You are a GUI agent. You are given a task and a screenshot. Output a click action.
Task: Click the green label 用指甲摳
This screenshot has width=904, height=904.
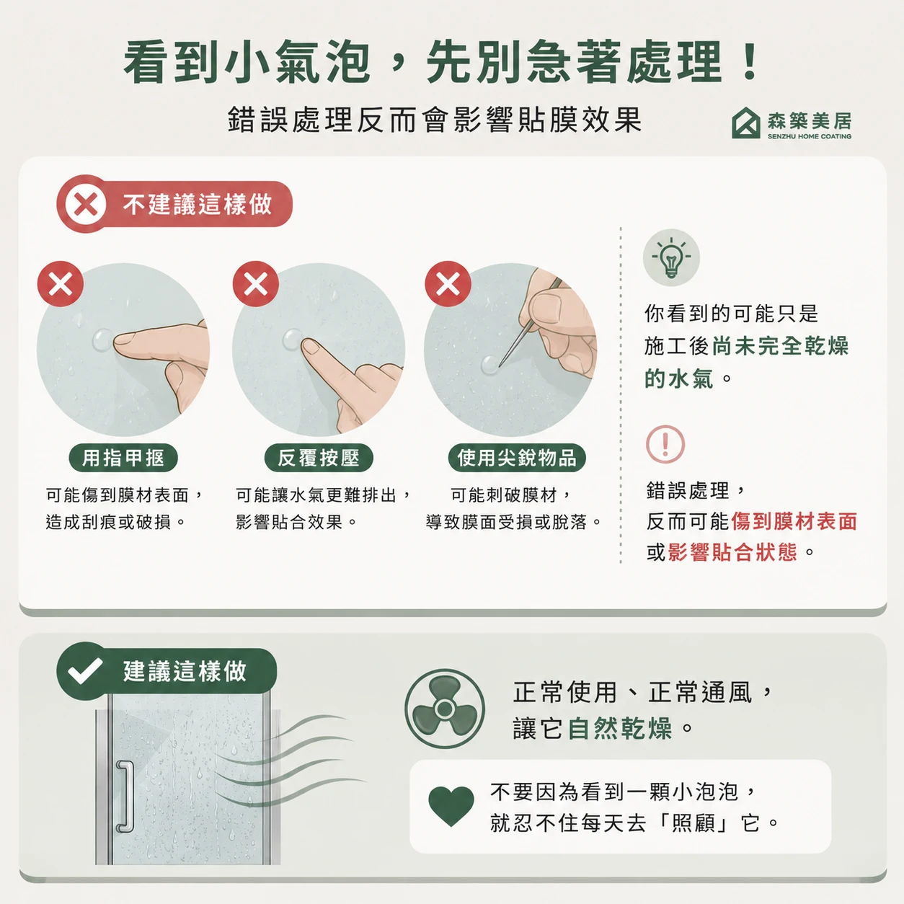[x=123, y=457]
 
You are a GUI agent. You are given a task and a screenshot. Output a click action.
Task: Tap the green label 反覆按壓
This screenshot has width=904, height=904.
[x=319, y=457]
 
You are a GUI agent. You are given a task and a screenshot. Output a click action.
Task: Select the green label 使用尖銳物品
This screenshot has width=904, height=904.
[x=517, y=457]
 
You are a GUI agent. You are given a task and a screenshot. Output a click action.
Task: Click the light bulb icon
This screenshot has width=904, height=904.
[x=671, y=257]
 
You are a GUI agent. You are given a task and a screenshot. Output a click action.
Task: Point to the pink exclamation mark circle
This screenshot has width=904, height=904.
[x=665, y=444]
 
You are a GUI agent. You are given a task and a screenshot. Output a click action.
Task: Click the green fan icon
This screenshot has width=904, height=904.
[x=445, y=709]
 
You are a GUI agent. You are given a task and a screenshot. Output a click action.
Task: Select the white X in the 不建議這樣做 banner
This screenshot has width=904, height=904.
[x=85, y=204]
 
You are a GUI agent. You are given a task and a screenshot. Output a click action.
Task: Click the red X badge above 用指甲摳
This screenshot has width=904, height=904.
[x=61, y=284]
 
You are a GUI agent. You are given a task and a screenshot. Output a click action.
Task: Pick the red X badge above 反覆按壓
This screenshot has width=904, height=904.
[x=256, y=284]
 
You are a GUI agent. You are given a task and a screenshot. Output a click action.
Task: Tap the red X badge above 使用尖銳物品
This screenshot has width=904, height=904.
[x=448, y=284]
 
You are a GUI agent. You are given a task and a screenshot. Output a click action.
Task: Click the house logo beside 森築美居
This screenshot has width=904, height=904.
[x=746, y=123]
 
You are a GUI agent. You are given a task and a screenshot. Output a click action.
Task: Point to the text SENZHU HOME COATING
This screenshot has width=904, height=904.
[x=810, y=136]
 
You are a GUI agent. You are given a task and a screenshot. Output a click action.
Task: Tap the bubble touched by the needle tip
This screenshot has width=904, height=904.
[x=489, y=365]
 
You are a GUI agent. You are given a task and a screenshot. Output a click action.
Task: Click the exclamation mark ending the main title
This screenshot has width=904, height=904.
[x=750, y=61]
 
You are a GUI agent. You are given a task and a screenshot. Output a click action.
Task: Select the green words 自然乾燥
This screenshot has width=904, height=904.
[x=620, y=728]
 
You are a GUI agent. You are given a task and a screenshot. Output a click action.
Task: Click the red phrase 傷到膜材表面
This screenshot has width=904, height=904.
[x=794, y=521]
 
